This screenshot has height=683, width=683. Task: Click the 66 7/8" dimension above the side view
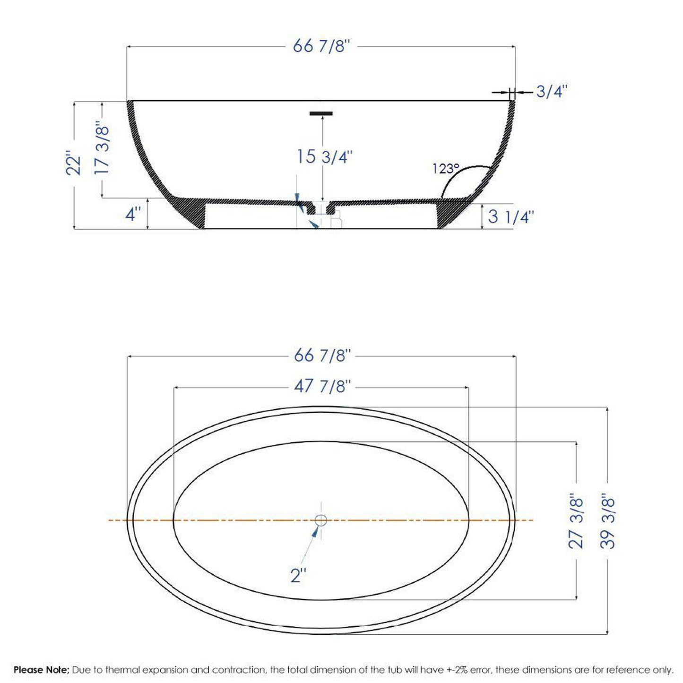pyautogui.click(x=321, y=46)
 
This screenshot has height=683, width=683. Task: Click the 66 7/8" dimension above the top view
pyautogui.click(x=322, y=355)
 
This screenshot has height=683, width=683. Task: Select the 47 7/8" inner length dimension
pyautogui.click(x=322, y=387)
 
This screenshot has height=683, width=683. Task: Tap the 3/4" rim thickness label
pyautogui.click(x=551, y=91)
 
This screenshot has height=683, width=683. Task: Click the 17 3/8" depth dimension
pyautogui.click(x=103, y=149)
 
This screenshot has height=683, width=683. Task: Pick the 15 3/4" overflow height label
pyautogui.click(x=325, y=156)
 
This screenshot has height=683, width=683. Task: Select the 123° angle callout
pyautogui.click(x=446, y=169)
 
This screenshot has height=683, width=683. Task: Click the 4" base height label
pyautogui.click(x=133, y=214)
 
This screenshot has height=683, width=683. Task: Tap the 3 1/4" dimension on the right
pyautogui.click(x=510, y=217)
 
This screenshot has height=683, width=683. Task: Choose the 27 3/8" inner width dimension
pyautogui.click(x=576, y=521)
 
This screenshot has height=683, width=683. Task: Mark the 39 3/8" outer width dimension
pyautogui.click(x=608, y=521)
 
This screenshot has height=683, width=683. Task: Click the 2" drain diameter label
pyautogui.click(x=298, y=576)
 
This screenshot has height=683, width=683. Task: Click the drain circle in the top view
pyautogui.click(x=321, y=520)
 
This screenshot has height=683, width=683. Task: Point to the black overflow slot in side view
pyautogui.click(x=321, y=113)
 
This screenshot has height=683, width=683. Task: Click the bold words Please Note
pyautogui.click(x=42, y=670)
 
